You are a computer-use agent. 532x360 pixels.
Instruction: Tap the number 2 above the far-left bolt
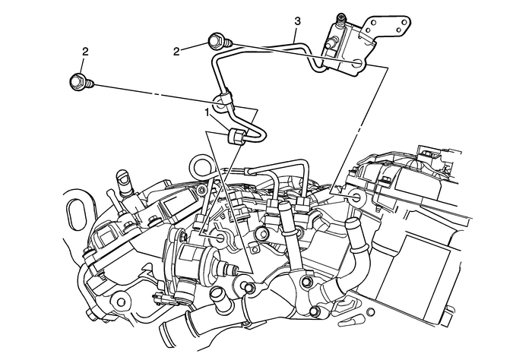pyautogui.click(x=84, y=53)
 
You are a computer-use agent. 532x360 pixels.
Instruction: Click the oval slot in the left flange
pyautogui.click(x=74, y=213)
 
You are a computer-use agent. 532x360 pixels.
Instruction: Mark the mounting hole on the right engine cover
pyautogui.click(x=356, y=197)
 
